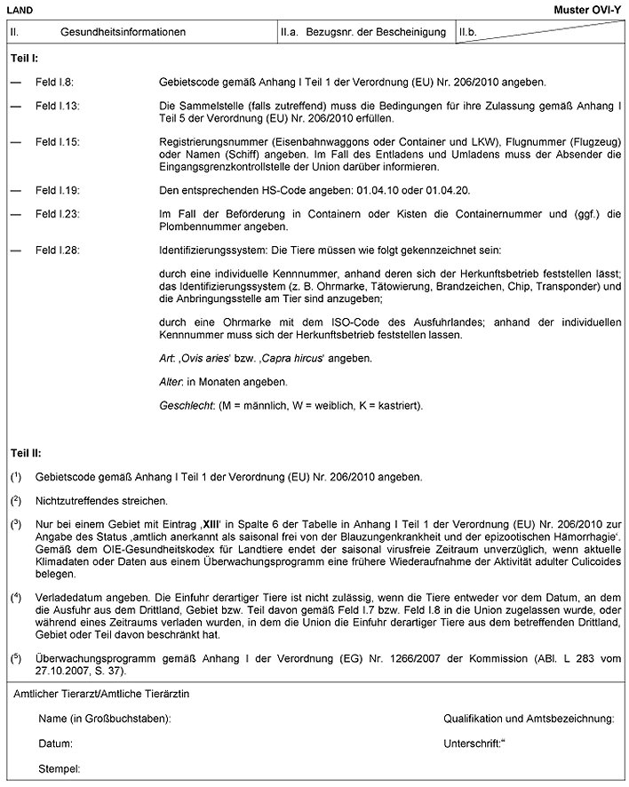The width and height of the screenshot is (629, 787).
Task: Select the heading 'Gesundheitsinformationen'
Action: point(123,32)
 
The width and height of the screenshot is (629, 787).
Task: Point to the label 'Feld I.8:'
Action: point(54,82)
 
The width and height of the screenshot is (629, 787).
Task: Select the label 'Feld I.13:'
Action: point(57,106)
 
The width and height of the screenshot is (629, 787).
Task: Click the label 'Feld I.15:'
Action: point(57,142)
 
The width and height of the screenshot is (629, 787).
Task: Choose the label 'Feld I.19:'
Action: point(57,190)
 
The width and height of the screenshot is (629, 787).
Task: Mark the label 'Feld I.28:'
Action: point(57,251)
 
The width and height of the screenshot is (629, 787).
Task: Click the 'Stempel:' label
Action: point(60,767)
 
